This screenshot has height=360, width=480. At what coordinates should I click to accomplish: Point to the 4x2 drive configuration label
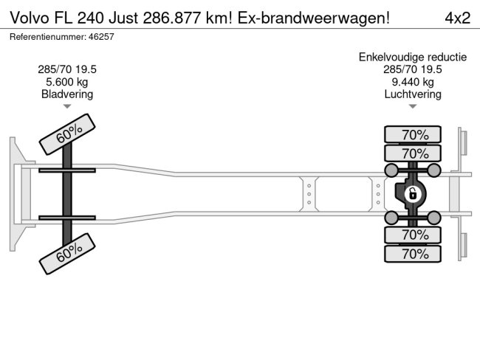[456, 18]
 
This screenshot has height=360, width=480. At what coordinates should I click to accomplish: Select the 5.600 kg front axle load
[67, 82]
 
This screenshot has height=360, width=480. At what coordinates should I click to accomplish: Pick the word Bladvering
[67, 94]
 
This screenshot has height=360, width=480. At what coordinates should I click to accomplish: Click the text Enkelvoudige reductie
[413, 57]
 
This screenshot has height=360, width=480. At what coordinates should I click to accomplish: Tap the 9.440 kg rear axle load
[413, 82]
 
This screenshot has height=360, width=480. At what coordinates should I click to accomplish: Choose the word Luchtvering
[413, 94]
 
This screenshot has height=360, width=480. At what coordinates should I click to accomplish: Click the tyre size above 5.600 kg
[67, 69]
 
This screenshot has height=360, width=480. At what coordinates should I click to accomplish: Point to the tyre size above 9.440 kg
[413, 69]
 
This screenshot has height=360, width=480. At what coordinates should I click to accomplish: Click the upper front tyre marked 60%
[68, 134]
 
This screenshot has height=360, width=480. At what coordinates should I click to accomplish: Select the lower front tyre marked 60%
[68, 255]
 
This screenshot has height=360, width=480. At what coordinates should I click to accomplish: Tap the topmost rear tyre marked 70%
[413, 134]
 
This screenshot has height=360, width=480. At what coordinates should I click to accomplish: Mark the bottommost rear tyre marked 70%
[413, 254]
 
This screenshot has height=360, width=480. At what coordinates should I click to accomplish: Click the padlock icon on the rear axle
[413, 194]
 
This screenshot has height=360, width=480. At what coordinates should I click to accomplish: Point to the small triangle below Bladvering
[67, 107]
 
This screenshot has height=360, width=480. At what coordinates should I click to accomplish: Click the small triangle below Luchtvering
[413, 107]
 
